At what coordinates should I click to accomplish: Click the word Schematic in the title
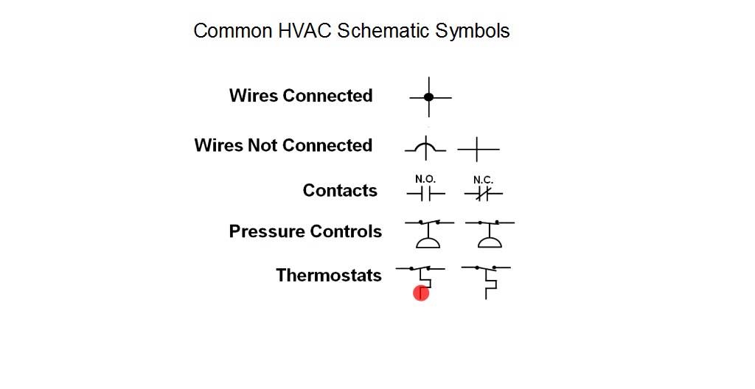click(383, 31)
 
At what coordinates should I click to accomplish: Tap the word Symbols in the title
click(472, 31)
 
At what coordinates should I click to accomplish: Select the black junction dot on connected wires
click(429, 97)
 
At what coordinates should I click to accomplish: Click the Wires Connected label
click(301, 96)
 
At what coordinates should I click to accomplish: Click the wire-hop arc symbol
click(425, 147)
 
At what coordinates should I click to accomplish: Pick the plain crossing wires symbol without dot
click(478, 150)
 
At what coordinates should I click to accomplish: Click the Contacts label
click(340, 191)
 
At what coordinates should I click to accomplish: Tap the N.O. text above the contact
click(425, 179)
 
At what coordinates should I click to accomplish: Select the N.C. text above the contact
click(483, 179)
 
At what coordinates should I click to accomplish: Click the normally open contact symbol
click(425, 194)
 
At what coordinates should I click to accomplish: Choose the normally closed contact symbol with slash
click(483, 194)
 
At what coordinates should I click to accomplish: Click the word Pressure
click(266, 231)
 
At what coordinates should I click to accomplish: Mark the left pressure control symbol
click(427, 234)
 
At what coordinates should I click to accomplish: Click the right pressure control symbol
click(487, 234)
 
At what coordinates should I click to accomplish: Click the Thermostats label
click(329, 276)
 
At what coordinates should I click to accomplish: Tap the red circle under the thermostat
click(421, 294)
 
